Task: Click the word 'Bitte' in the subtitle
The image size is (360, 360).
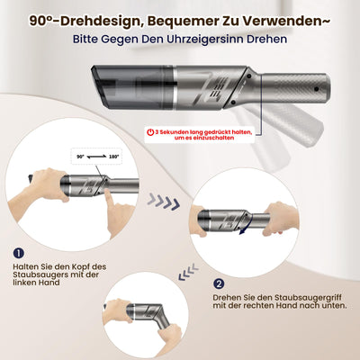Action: coord(90,40)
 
